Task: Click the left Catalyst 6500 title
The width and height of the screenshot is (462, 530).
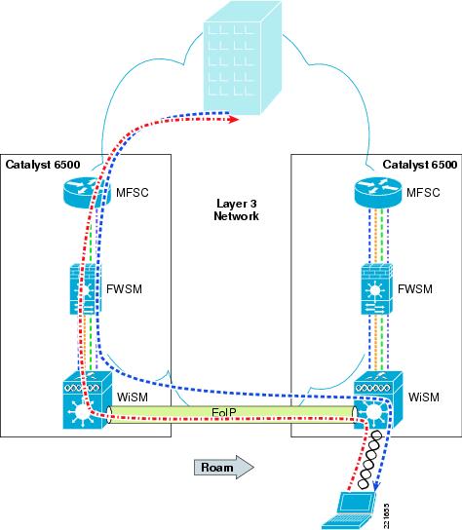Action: click(x=43, y=165)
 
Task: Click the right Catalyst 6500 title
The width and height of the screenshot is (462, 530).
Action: click(x=420, y=165)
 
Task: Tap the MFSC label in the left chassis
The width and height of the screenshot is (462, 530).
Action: click(x=133, y=193)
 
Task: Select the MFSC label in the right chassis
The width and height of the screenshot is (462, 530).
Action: click(x=423, y=193)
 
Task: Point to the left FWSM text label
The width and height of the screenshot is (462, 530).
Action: click(x=124, y=289)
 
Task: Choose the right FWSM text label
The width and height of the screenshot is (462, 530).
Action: click(x=415, y=289)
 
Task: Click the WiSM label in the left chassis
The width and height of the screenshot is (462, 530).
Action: click(x=133, y=397)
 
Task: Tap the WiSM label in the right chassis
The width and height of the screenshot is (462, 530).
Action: click(x=424, y=397)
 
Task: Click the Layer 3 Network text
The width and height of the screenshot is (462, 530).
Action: click(x=237, y=209)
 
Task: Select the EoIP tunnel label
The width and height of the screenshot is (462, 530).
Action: click(x=223, y=412)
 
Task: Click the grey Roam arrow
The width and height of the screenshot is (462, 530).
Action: click(x=224, y=467)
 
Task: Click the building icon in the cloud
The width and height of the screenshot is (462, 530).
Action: click(x=242, y=58)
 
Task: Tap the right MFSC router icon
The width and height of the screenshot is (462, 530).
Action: click(x=378, y=192)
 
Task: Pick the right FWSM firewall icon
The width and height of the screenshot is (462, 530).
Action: click(x=377, y=289)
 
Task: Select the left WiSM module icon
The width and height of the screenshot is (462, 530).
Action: click(x=88, y=400)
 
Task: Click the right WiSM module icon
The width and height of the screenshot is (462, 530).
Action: click(x=378, y=400)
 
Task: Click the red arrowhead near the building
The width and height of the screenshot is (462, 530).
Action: click(x=233, y=119)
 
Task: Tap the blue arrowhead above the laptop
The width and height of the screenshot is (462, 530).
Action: click(x=376, y=486)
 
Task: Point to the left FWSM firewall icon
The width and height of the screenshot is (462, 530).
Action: click(x=86, y=289)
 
